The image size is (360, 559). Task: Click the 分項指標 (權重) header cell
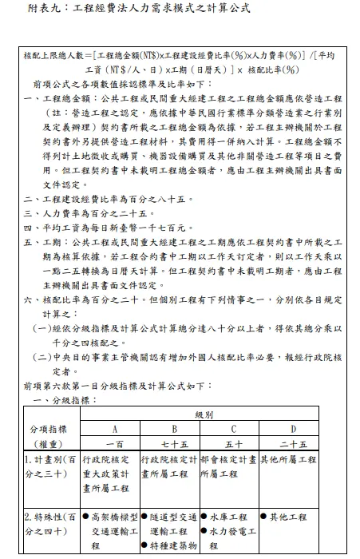click(52, 436)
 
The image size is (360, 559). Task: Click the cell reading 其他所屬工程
click(294, 461)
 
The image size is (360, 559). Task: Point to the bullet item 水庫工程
click(231, 517)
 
